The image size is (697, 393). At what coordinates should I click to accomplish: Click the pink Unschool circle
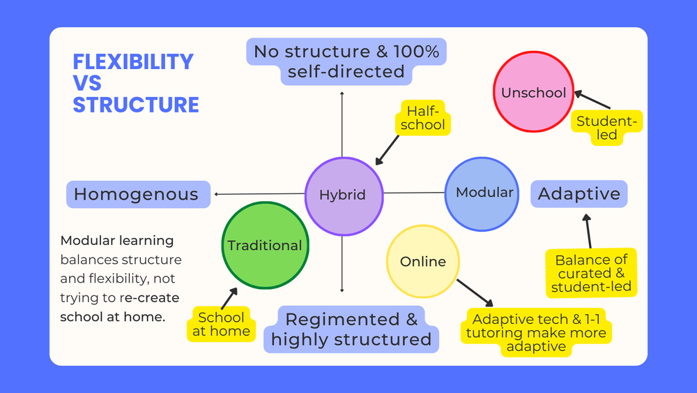[533, 93]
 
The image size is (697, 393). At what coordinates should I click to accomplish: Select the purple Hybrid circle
[344, 195]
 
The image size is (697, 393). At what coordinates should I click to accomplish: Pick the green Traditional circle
[265, 245]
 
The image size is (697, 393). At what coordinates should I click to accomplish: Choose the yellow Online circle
[423, 262]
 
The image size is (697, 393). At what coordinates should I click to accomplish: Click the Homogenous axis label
[137, 194]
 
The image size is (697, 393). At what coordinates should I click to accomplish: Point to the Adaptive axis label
[579, 194]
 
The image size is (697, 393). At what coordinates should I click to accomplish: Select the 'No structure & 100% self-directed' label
[346, 61]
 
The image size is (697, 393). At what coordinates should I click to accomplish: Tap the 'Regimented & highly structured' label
[351, 329]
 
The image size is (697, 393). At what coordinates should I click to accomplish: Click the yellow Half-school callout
[422, 118]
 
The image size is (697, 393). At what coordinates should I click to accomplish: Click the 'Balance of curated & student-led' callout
[591, 273]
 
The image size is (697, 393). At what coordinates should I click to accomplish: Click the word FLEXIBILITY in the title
[133, 61]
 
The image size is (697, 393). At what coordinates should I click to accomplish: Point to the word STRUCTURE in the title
[136, 105]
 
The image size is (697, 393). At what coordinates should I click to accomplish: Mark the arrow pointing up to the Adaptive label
[588, 231]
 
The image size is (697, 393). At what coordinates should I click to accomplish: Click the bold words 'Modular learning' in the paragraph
[117, 241]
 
